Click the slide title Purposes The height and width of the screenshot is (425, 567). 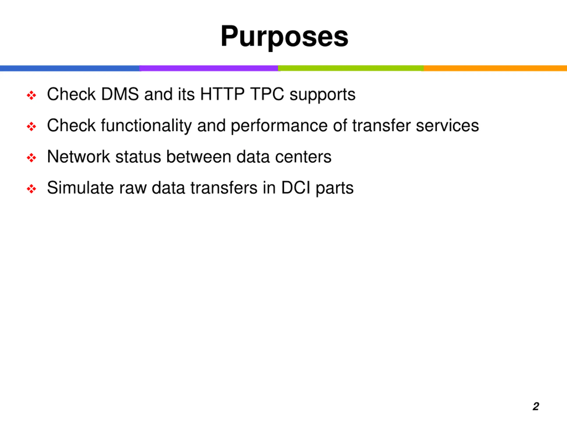[x=284, y=36]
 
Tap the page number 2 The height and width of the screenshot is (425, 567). [x=536, y=406]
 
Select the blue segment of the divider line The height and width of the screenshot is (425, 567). [x=70, y=68]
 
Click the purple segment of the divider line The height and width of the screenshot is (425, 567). [x=209, y=68]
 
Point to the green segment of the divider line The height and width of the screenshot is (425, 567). [x=351, y=68]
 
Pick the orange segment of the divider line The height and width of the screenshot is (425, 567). [x=495, y=68]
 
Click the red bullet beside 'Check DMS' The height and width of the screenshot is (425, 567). [x=31, y=95]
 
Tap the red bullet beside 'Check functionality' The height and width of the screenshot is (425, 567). [x=31, y=127]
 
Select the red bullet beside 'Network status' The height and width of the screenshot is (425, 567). [x=31, y=158]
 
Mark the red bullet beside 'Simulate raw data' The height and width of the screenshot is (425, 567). [x=31, y=189]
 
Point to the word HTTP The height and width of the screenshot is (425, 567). [x=222, y=94]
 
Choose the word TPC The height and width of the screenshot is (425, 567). [x=267, y=94]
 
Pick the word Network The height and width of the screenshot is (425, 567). [x=78, y=157]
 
